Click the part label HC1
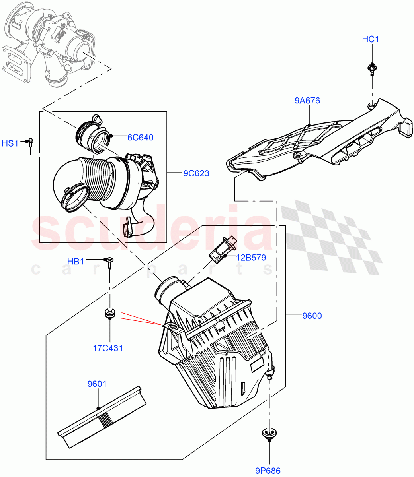[370, 39]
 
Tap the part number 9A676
[307, 101]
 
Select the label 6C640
[140, 138]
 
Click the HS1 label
[10, 143]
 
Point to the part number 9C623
[196, 173]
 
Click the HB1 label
[75, 261]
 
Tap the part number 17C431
[108, 349]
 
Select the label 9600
[312, 316]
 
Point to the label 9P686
[268, 471]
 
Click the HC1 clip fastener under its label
[371, 70]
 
